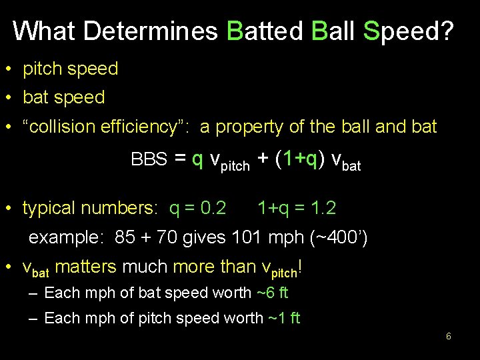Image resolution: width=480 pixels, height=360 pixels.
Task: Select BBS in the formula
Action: (149, 160)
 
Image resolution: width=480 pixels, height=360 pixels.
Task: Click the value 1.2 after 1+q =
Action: (323, 209)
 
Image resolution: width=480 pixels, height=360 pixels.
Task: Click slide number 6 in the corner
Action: (449, 337)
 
